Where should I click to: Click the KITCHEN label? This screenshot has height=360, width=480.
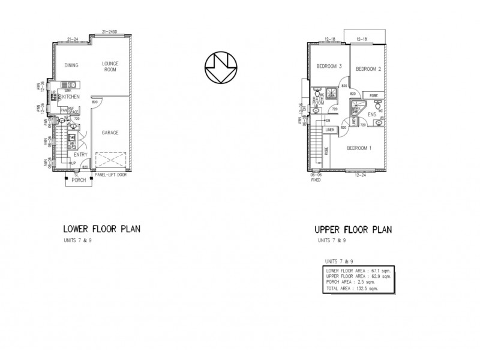71,96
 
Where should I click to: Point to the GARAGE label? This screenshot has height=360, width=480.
109,132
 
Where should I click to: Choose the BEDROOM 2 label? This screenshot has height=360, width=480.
368,69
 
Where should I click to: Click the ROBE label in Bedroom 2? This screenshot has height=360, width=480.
373,95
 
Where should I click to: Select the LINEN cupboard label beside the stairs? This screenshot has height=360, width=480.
330,130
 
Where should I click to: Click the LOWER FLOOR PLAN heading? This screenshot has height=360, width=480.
101,229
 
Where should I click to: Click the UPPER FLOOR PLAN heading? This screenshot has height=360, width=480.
353,229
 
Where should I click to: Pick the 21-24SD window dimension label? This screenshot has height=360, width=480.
109,31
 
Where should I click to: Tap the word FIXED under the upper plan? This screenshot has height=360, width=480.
316,179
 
